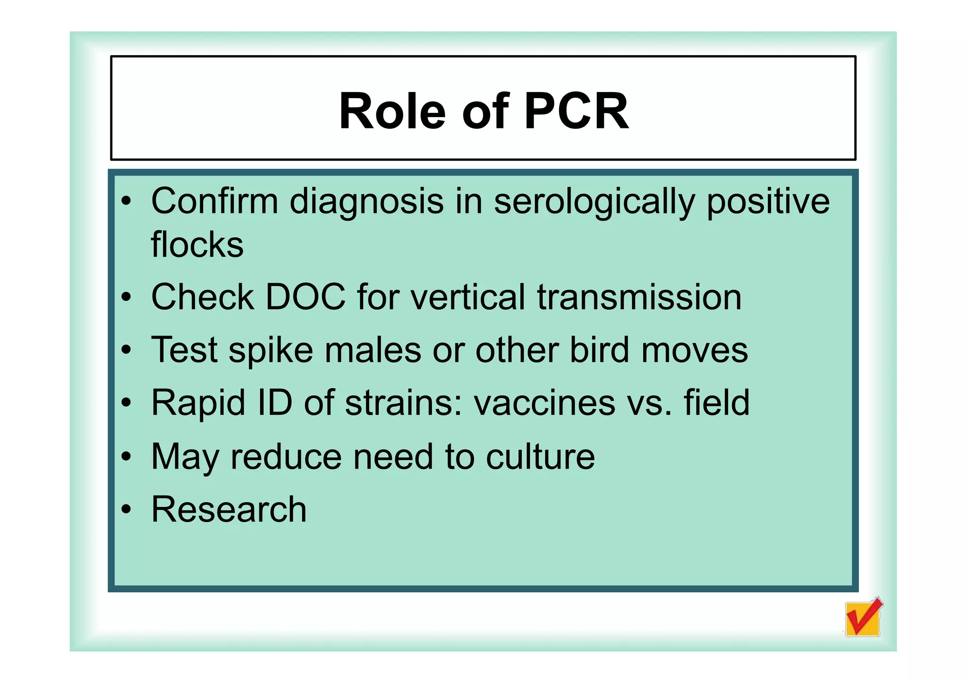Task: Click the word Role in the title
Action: click(392, 111)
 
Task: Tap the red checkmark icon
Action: click(863, 617)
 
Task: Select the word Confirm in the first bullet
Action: click(214, 202)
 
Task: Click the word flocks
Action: click(197, 245)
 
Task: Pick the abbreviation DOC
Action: click(305, 297)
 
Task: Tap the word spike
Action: click(271, 350)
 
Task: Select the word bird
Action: click(600, 350)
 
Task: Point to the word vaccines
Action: click(544, 404)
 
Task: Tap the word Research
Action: click(229, 510)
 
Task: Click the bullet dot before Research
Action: click(126, 510)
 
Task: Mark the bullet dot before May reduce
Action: click(126, 457)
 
